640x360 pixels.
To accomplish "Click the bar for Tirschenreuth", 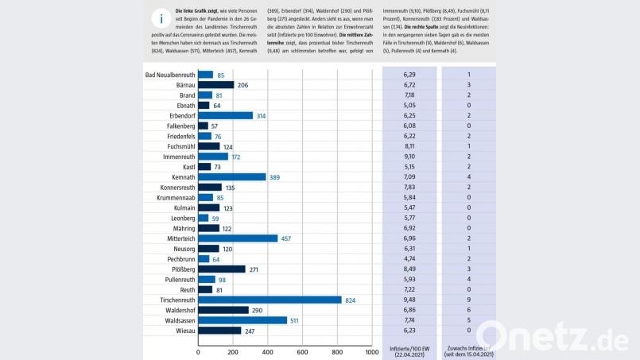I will (x=270, y=300).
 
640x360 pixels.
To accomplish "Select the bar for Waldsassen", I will (x=242, y=320).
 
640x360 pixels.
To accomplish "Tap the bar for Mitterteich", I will (x=238, y=238).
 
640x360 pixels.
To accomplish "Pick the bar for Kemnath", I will (x=231, y=176).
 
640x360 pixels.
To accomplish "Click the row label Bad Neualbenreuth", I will (x=170, y=75).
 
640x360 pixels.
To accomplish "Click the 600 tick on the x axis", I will (x=302, y=351).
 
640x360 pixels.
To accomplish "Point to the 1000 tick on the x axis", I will (x=371, y=351).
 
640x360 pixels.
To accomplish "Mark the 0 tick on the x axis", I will (x=198, y=351).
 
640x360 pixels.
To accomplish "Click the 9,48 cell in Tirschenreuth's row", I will (x=409, y=300).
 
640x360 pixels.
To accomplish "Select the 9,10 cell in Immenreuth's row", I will (x=409, y=157).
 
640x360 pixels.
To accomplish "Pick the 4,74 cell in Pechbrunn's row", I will (x=409, y=259).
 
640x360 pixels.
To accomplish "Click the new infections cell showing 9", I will (x=468, y=300).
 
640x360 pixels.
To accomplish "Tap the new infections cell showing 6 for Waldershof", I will (x=468, y=310).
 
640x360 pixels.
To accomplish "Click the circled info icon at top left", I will (x=162, y=18).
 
